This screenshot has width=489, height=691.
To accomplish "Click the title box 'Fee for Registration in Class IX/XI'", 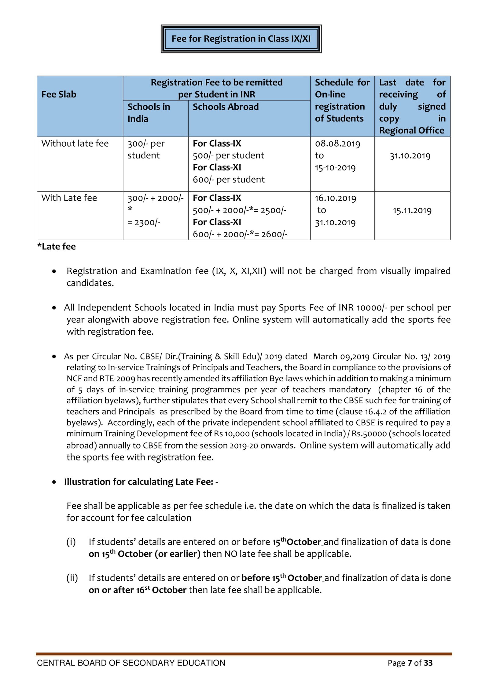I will tap(241, 39).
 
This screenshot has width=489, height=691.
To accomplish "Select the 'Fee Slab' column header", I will tap(59, 94).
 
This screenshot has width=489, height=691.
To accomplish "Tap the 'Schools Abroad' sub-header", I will tap(226, 107).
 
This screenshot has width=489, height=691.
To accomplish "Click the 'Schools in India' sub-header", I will tap(149, 112).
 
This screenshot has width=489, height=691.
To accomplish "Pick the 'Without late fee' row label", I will tap(75, 143).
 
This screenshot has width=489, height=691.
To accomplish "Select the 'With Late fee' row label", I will tap(69, 198).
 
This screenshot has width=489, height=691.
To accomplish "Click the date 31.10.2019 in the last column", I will tap(410, 156).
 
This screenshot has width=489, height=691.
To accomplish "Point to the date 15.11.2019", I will tap(412, 210).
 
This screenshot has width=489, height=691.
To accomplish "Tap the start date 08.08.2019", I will tap(337, 144).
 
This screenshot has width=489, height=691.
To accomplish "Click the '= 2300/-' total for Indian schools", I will tap(144, 222).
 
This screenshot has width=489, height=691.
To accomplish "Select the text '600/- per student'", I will tap(229, 180).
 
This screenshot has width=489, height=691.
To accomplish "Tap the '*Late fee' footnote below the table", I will tap(57, 246).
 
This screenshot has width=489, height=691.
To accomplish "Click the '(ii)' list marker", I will tap(72, 578).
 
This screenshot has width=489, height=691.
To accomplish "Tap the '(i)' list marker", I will tap(71, 542).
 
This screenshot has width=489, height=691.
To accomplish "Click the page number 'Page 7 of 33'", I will tap(410, 663).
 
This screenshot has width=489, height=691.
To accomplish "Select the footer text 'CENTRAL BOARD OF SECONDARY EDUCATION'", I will tap(131, 663).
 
